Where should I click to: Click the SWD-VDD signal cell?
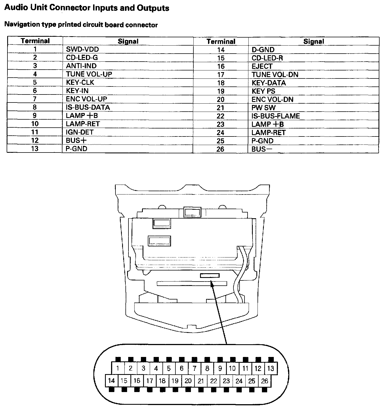pyautogui.click(x=82, y=49)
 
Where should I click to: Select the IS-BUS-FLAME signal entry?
pyautogui.click(x=275, y=116)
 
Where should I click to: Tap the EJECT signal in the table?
pyautogui.click(x=262, y=66)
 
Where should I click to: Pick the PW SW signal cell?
pyautogui.click(x=263, y=108)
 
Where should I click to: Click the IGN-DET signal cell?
pyautogui.click(x=80, y=132)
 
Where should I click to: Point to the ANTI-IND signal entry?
pyautogui.click(x=81, y=66)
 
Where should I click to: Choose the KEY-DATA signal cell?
pyautogui.click(x=269, y=83)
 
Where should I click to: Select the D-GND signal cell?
pyautogui.click(x=263, y=50)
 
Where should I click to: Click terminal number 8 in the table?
pyautogui.click(x=35, y=107)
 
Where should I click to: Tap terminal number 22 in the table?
pyautogui.click(x=220, y=116)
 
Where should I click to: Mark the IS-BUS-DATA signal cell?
pyautogui.click(x=88, y=107)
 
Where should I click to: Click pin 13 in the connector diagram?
pyautogui.click(x=270, y=368)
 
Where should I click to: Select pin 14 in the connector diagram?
pyautogui.click(x=111, y=381)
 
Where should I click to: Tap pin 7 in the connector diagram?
pyautogui.click(x=195, y=368)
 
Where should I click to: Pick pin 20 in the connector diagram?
pyautogui.click(x=188, y=381)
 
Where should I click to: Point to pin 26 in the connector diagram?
pyautogui.click(x=264, y=381)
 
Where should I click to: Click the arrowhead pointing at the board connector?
pyautogui.click(x=212, y=283)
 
